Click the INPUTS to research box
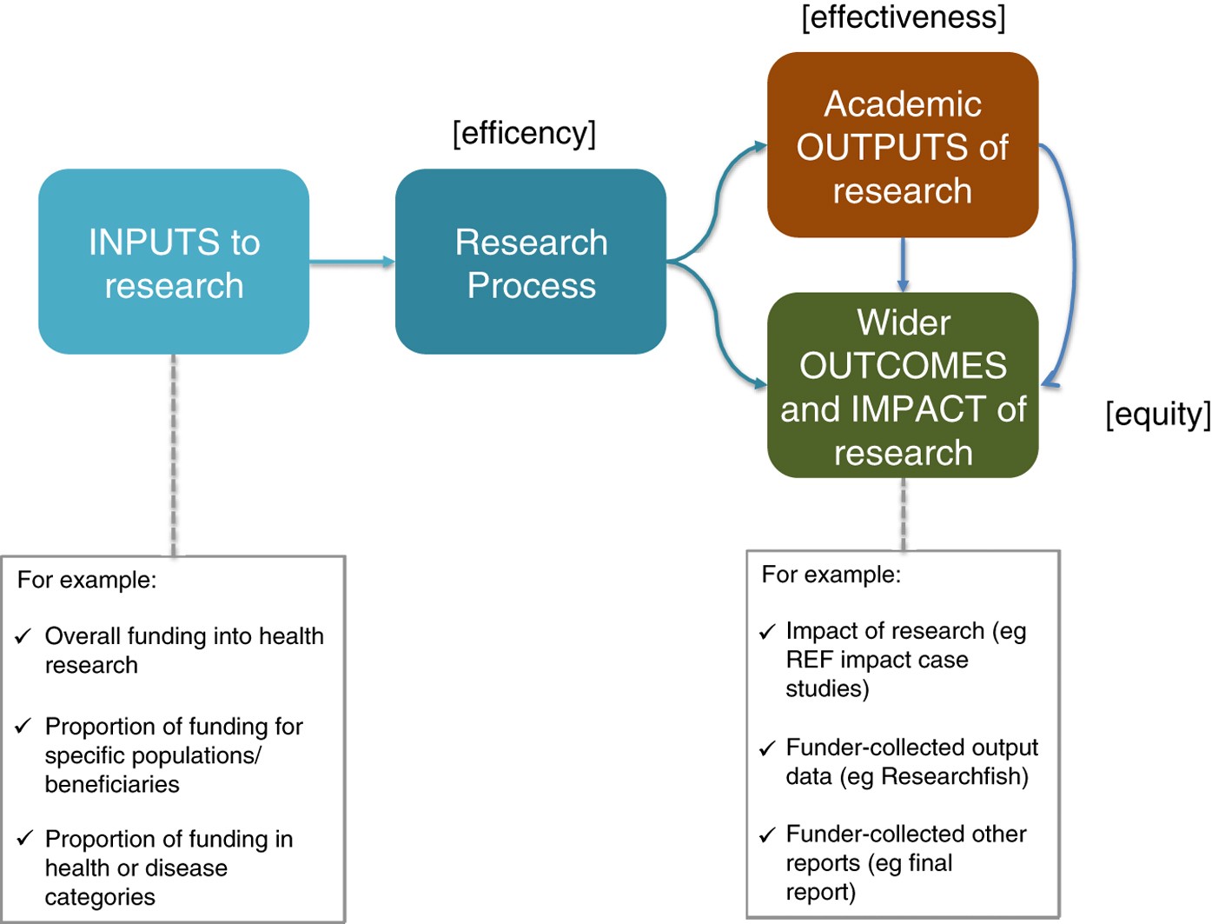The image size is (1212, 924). click(x=174, y=262)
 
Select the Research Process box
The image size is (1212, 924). click(x=531, y=262)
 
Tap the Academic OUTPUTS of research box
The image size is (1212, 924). click(x=903, y=145)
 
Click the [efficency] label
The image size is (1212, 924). click(x=524, y=134)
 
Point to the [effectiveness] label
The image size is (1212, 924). click(x=903, y=17)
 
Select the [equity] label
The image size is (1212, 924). click(x=1157, y=415)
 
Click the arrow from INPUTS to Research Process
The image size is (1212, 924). click(x=352, y=262)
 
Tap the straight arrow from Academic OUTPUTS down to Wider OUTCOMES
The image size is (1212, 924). click(x=903, y=264)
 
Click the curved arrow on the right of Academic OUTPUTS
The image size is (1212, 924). click(x=1073, y=261)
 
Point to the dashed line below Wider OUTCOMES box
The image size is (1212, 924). click(x=904, y=514)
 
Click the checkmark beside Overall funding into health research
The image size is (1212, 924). click(x=24, y=636)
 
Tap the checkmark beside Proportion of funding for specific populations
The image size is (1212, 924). click(x=24, y=726)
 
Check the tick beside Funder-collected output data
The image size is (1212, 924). click(x=766, y=748)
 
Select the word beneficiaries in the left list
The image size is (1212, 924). click(x=112, y=784)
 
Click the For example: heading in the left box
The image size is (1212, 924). click(x=87, y=580)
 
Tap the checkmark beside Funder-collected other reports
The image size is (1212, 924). click(x=766, y=835)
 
